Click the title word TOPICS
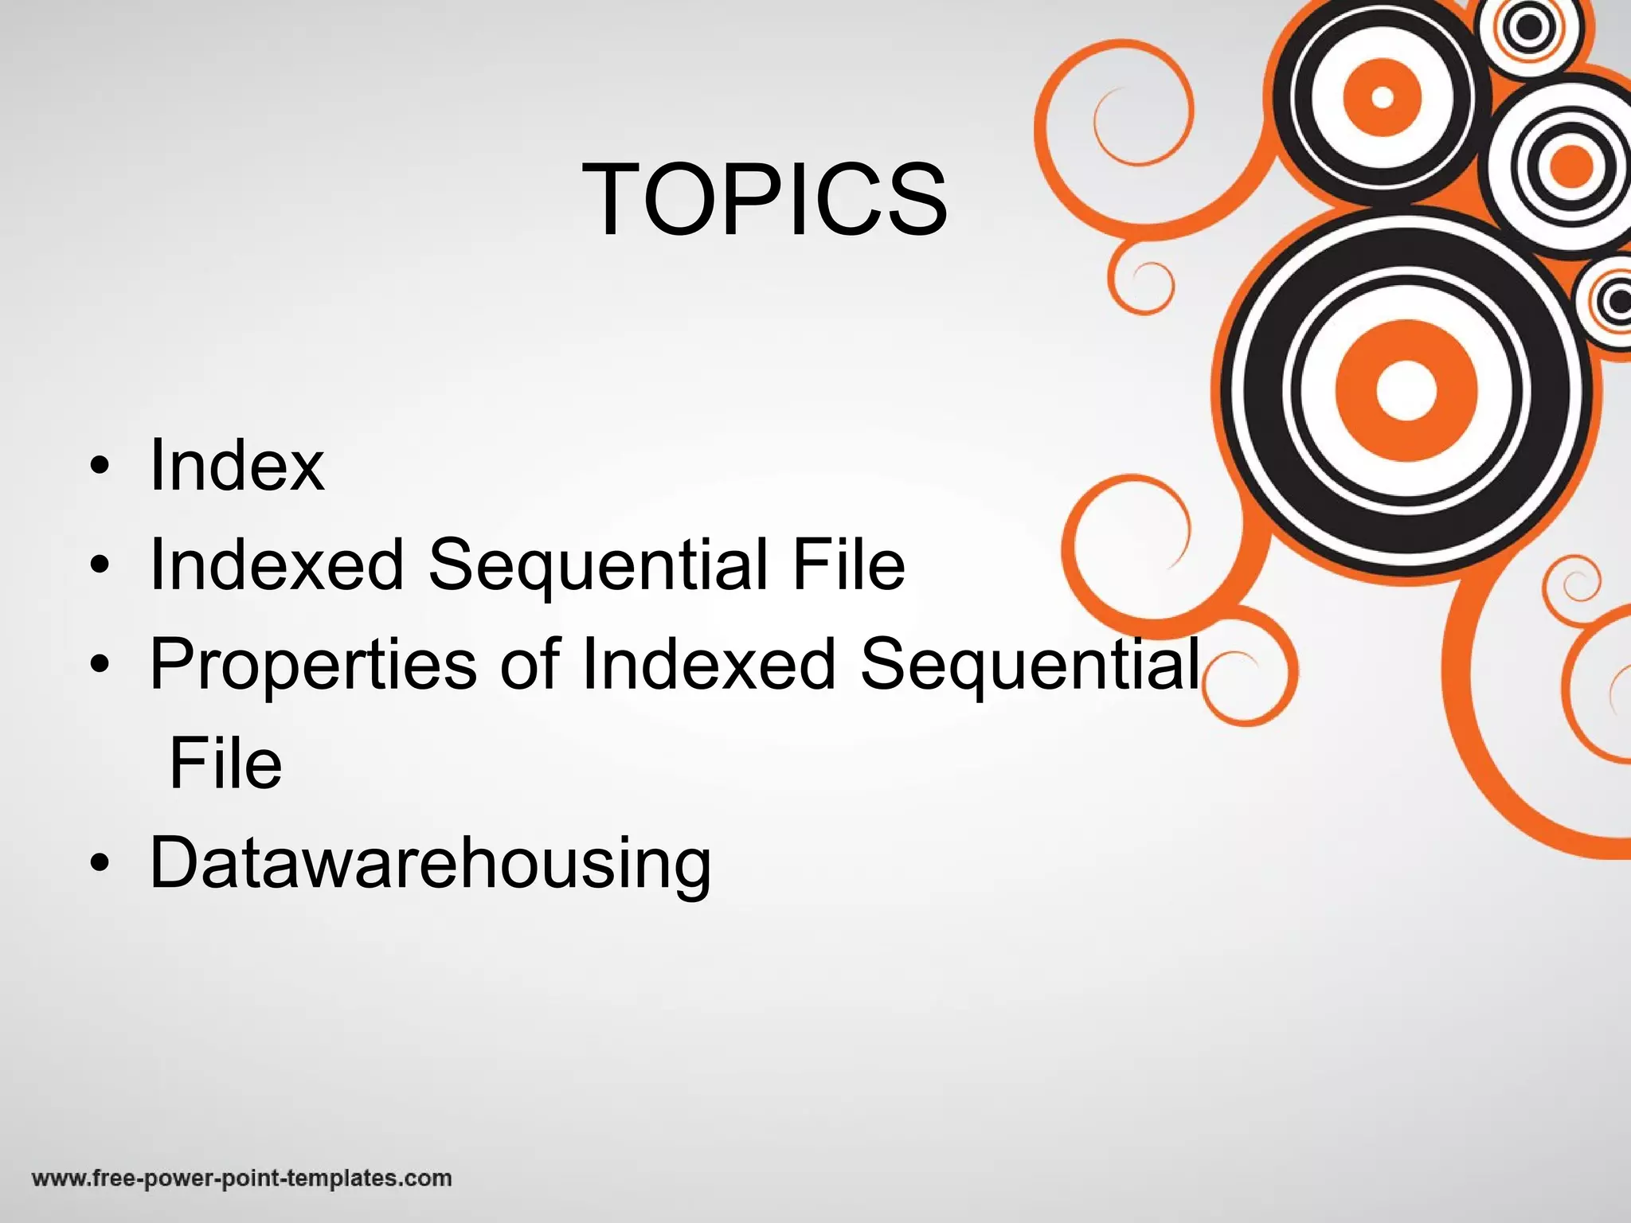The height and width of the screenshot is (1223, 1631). pos(765,199)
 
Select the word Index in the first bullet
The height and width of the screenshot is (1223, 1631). pos(237,465)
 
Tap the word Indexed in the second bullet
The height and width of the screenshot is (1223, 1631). pos(277,565)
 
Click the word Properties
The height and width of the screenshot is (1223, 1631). pos(313,666)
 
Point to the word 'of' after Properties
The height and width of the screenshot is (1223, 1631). pos(530,664)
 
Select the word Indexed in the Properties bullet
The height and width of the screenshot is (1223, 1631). pos(709,664)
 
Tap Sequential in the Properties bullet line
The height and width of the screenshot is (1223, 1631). pos(1031,666)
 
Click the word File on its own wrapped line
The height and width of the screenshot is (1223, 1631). pos(226,764)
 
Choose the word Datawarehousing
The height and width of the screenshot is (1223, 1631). pos(430,865)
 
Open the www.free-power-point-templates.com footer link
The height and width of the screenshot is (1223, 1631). pos(242,1178)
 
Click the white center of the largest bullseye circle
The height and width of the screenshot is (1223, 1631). pos(1405,390)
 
